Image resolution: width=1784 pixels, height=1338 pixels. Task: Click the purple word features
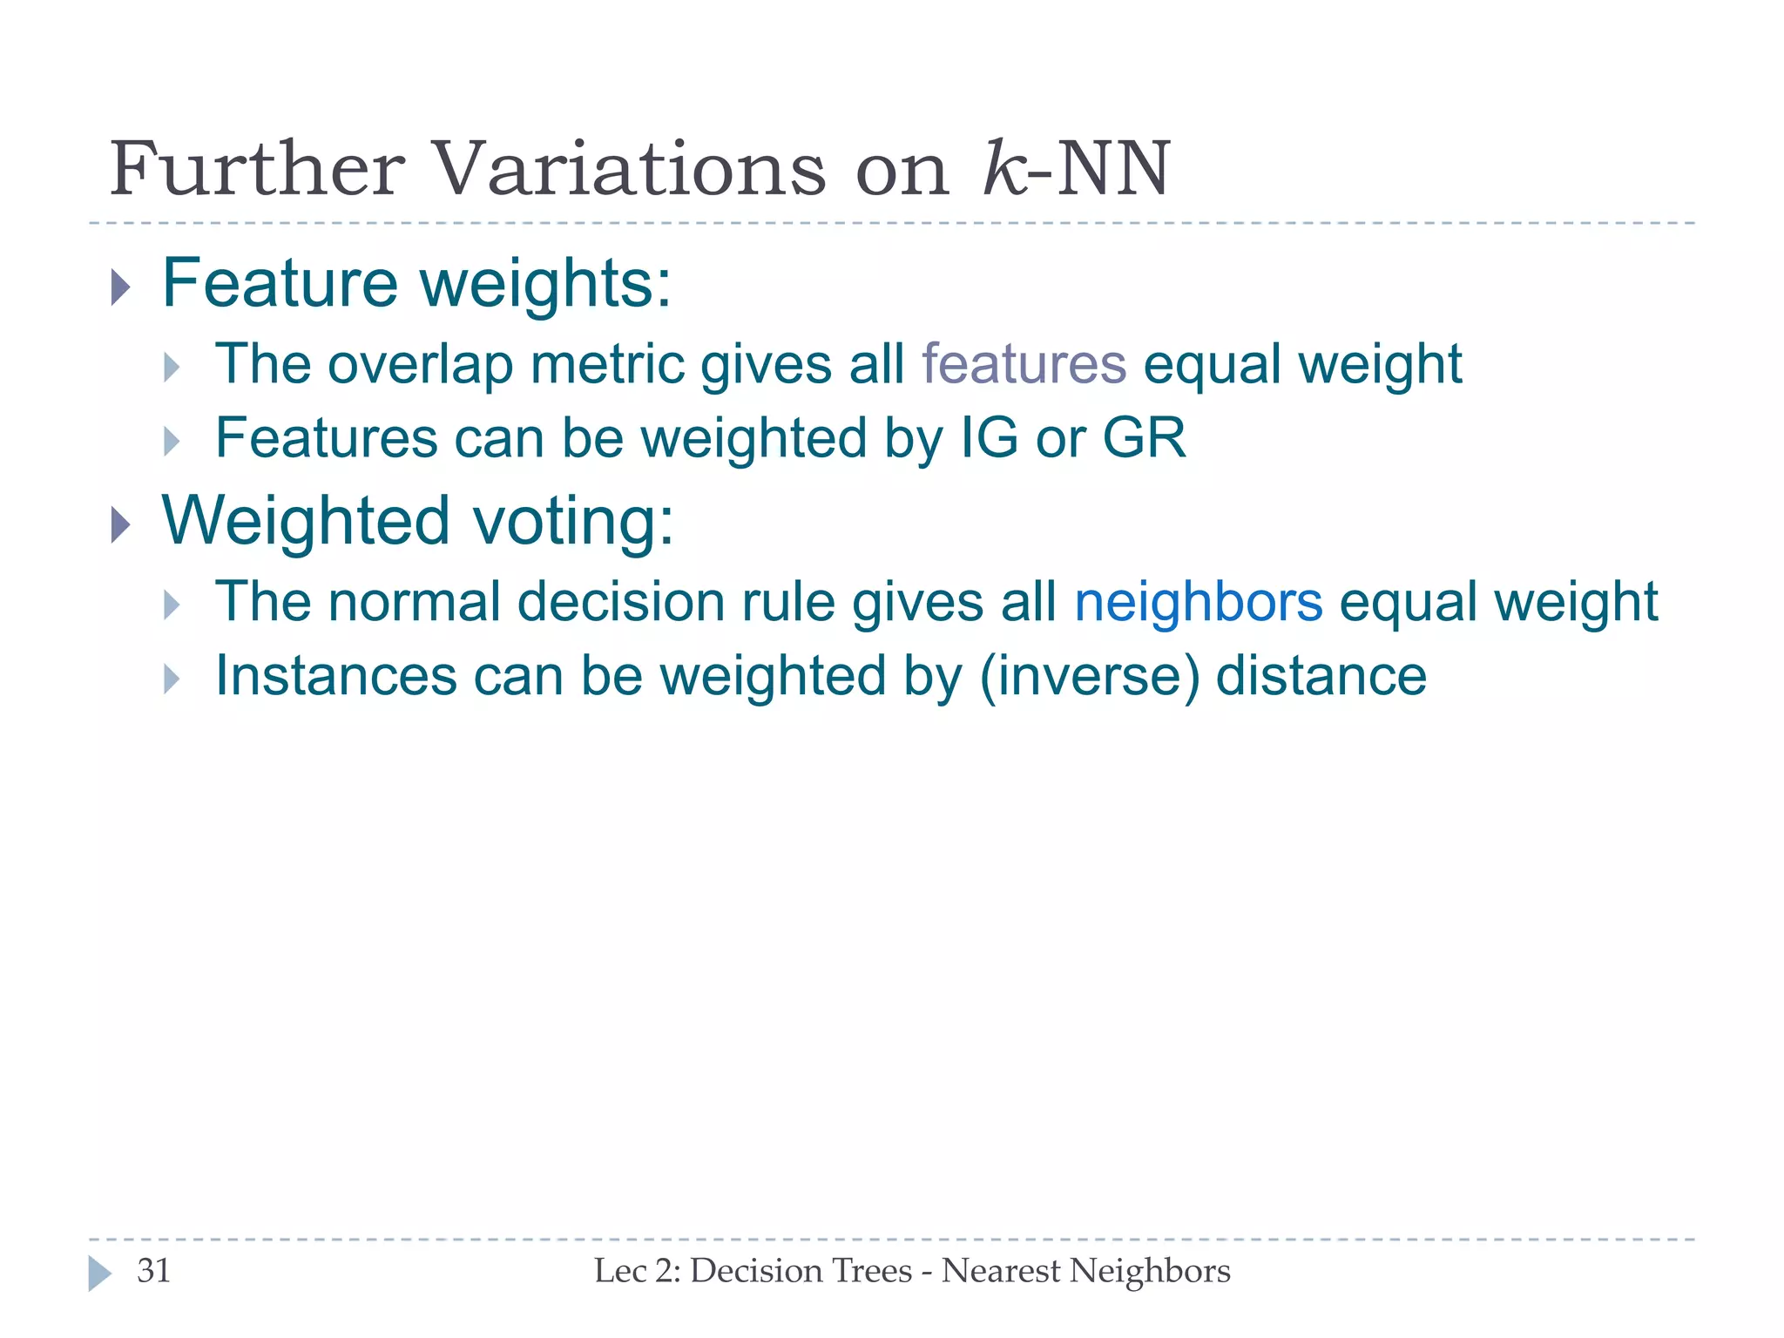pos(1024,363)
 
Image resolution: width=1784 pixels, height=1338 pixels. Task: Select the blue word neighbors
pos(1198,602)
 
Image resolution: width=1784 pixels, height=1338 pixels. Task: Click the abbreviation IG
pos(989,437)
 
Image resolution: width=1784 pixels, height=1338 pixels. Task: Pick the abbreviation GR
pos(1144,437)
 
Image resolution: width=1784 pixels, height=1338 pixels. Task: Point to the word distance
pos(1321,676)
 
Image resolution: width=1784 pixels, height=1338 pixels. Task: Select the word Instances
pos(336,676)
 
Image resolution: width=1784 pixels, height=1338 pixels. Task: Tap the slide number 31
pos(154,1271)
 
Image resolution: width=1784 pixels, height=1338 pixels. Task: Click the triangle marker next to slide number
pos(99,1274)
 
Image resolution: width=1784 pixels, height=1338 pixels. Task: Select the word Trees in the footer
pos(876,1271)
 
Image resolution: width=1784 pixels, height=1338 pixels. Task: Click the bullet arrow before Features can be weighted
pos(172,442)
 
